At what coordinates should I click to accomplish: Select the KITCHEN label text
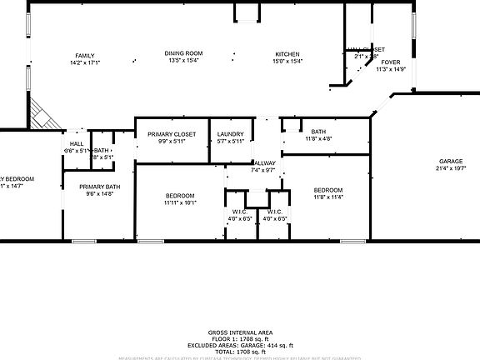point(287,54)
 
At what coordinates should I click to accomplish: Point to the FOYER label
point(390,62)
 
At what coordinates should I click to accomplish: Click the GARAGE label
point(451,161)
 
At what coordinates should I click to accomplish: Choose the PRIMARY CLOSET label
point(172,134)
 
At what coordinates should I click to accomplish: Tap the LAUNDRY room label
point(230,134)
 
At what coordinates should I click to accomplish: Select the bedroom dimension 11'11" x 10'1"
point(180,202)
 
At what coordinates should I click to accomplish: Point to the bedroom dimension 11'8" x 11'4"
point(328,197)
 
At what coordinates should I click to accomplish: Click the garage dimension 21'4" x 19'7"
point(451,168)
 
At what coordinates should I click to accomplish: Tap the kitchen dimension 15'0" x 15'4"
point(287,62)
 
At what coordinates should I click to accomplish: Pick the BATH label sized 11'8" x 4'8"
point(318,132)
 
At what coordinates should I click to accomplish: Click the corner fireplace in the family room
point(42,116)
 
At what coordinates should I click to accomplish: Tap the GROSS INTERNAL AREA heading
point(240,332)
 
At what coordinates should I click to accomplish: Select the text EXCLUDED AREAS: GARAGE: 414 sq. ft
point(240,345)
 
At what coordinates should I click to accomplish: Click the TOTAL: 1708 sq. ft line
point(240,352)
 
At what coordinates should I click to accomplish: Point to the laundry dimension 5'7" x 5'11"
point(230,142)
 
